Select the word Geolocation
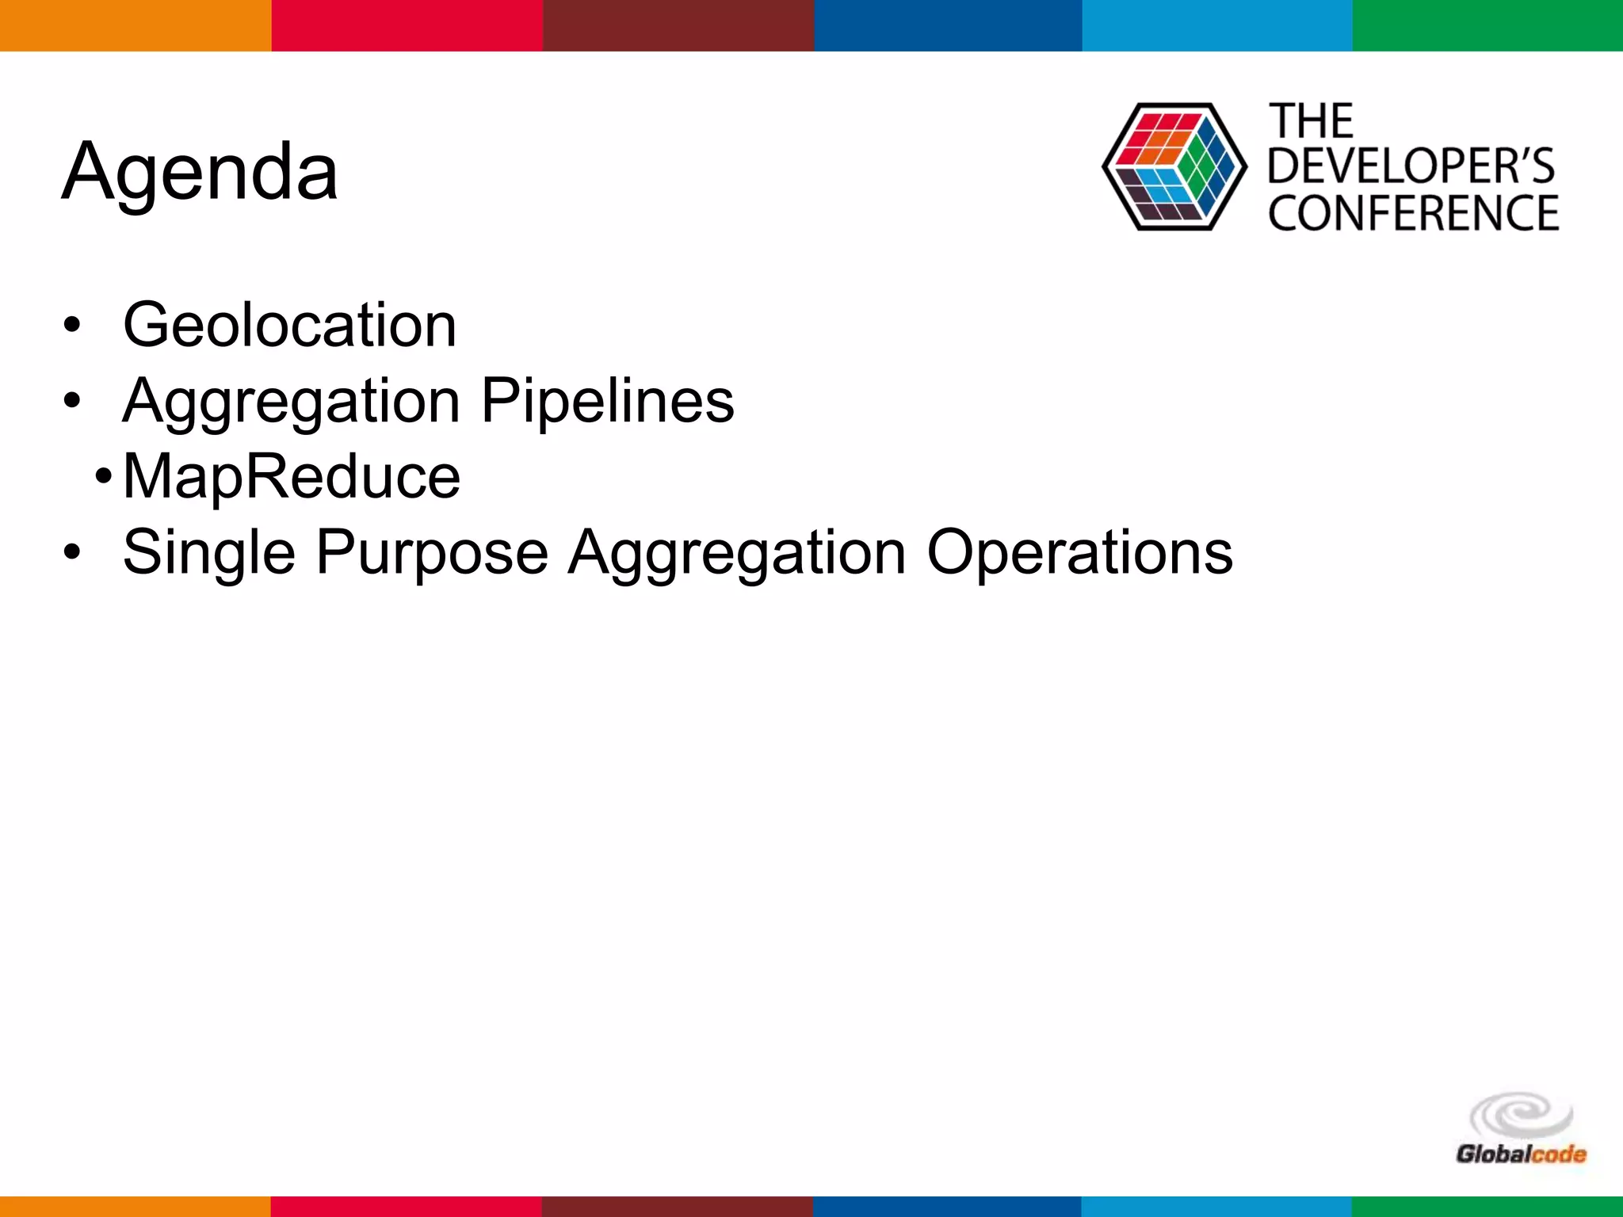click(x=290, y=325)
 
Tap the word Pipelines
click(x=608, y=401)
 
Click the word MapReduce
click(x=292, y=476)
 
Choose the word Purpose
click(x=432, y=552)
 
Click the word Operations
click(x=1079, y=552)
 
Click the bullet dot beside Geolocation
click(x=73, y=326)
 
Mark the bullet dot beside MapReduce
click(x=103, y=477)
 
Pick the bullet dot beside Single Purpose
click(x=73, y=552)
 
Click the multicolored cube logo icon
click(x=1174, y=167)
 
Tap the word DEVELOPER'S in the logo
click(x=1411, y=166)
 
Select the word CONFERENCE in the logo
click(x=1413, y=213)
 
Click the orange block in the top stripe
click(x=136, y=25)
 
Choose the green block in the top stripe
click(x=1487, y=25)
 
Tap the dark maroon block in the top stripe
click(x=678, y=25)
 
